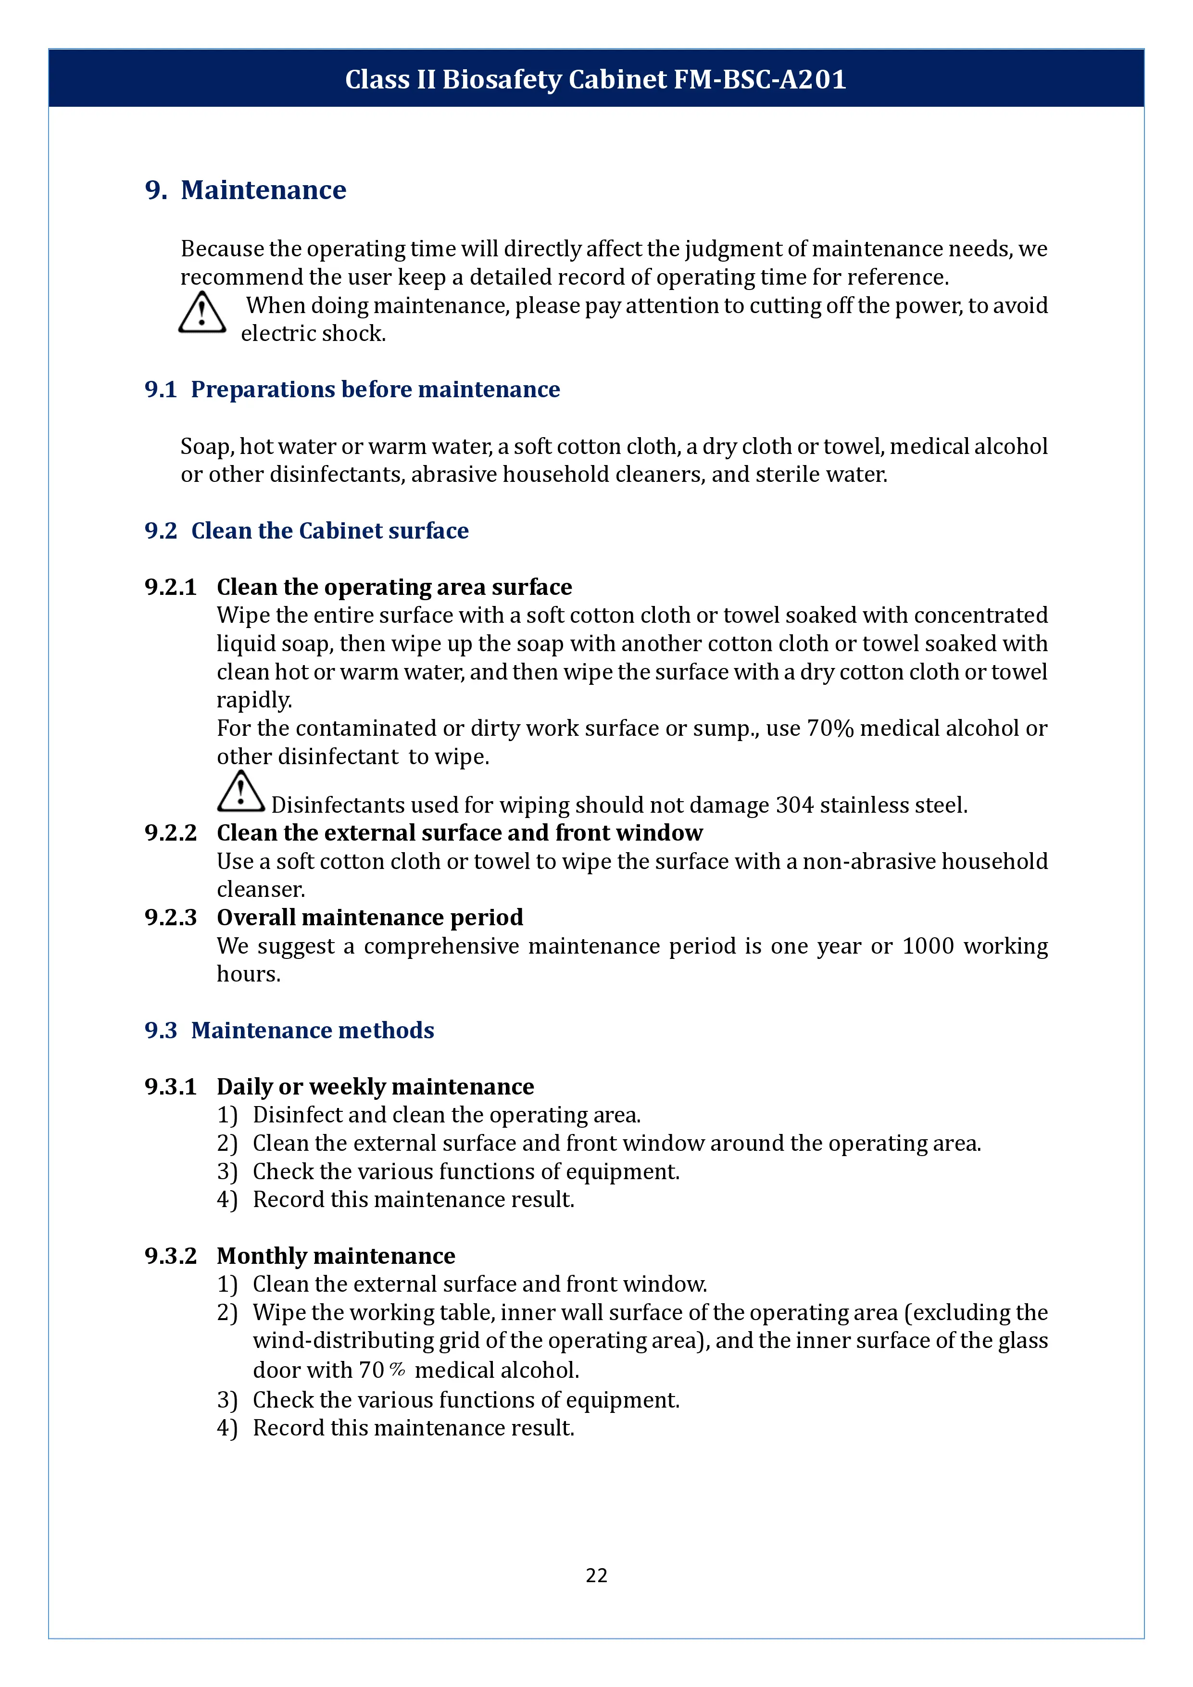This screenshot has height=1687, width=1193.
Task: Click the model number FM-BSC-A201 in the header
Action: pos(760,79)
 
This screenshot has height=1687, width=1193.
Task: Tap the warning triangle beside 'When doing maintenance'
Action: pos(202,313)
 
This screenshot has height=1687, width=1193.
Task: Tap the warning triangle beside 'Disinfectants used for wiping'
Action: pos(240,792)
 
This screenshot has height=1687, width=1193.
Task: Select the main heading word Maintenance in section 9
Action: pos(263,190)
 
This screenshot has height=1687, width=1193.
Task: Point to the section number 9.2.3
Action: pos(170,918)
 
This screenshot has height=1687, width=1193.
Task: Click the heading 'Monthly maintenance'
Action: pos(336,1256)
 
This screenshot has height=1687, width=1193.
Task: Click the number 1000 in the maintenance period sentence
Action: pos(928,946)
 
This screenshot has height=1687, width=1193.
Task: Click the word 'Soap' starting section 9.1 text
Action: pos(206,447)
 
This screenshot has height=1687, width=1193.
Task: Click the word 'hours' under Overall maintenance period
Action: pos(248,974)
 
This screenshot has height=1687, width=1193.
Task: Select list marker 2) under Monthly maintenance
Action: pos(227,1313)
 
